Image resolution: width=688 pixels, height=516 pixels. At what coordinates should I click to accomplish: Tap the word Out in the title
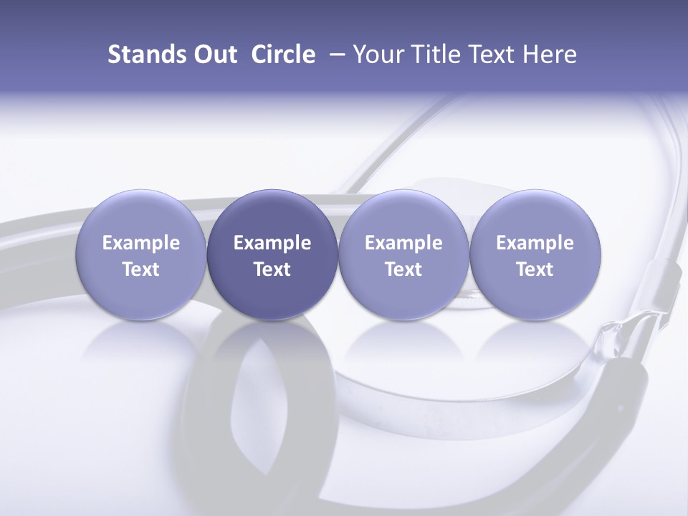[x=214, y=54]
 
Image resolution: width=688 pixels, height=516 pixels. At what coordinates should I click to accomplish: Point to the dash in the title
[x=336, y=54]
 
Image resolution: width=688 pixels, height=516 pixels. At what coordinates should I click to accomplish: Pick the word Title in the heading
[x=434, y=54]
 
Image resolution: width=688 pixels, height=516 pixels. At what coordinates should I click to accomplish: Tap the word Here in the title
[x=550, y=54]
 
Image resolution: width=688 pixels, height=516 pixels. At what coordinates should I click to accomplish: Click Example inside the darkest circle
[x=272, y=243]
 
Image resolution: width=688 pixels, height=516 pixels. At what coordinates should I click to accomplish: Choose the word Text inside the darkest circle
[x=272, y=269]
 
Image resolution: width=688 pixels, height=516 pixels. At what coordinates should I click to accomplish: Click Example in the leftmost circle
[x=141, y=243]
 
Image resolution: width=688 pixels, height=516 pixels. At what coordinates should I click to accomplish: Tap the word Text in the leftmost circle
[x=141, y=269]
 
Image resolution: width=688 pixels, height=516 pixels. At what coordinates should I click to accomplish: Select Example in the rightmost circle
[x=535, y=243]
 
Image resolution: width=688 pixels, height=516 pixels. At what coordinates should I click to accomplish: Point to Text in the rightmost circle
[x=535, y=269]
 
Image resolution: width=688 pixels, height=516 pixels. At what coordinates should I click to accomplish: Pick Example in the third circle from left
[x=403, y=243]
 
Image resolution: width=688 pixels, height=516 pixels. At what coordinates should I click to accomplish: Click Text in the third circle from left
[x=403, y=269]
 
